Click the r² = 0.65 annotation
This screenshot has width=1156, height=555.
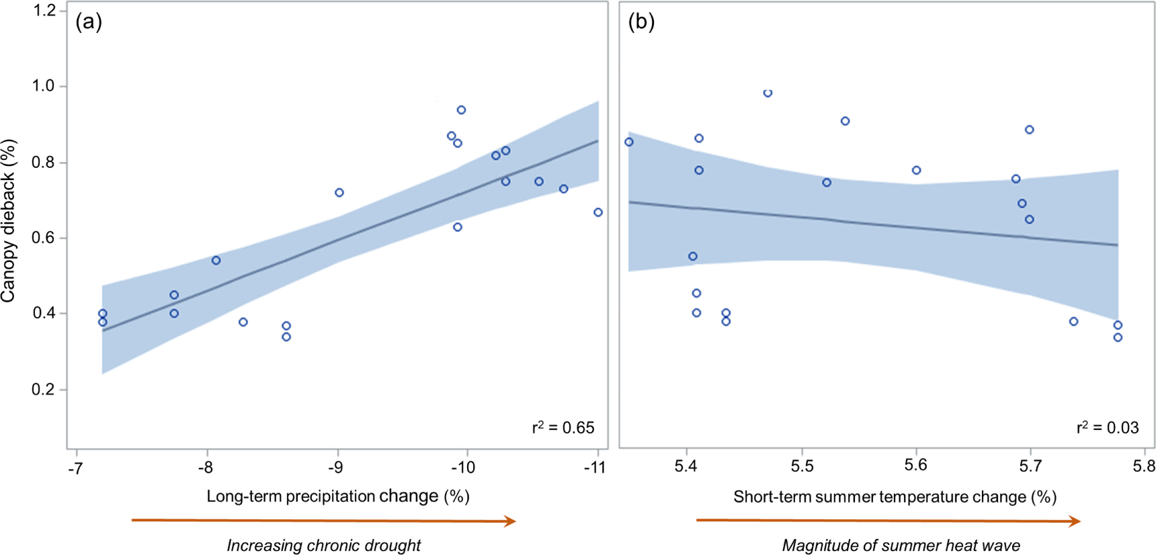pyautogui.click(x=563, y=427)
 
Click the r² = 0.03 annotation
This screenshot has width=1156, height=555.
pyautogui.click(x=1108, y=427)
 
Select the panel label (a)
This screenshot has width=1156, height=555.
pyautogui.click(x=89, y=22)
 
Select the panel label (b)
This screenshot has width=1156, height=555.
pyautogui.click(x=641, y=22)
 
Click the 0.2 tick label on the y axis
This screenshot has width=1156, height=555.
pyautogui.click(x=44, y=390)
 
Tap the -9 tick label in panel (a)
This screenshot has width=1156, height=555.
pyautogui.click(x=336, y=467)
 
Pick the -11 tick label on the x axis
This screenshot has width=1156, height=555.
pyautogui.click(x=594, y=467)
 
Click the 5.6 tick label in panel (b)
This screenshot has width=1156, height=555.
pyautogui.click(x=915, y=466)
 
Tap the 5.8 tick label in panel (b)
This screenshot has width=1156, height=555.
pyautogui.click(x=1143, y=466)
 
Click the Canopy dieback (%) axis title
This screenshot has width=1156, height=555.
pyautogui.click(x=9, y=220)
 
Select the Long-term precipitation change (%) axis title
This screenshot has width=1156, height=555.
pyautogui.click(x=337, y=497)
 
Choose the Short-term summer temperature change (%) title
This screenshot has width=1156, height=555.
pyautogui.click(x=895, y=497)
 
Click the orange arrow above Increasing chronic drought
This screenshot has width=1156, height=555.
pyautogui.click(x=323, y=521)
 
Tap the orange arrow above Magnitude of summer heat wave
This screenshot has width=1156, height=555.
pyautogui.click(x=888, y=521)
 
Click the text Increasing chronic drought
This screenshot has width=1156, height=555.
pyautogui.click(x=323, y=546)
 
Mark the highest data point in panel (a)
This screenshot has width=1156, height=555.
pyautogui.click(x=461, y=110)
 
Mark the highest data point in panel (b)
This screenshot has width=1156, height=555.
pyautogui.click(x=768, y=93)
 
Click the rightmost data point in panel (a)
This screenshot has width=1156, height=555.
pyautogui.click(x=598, y=212)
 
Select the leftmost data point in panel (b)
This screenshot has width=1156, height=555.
pyautogui.click(x=629, y=142)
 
